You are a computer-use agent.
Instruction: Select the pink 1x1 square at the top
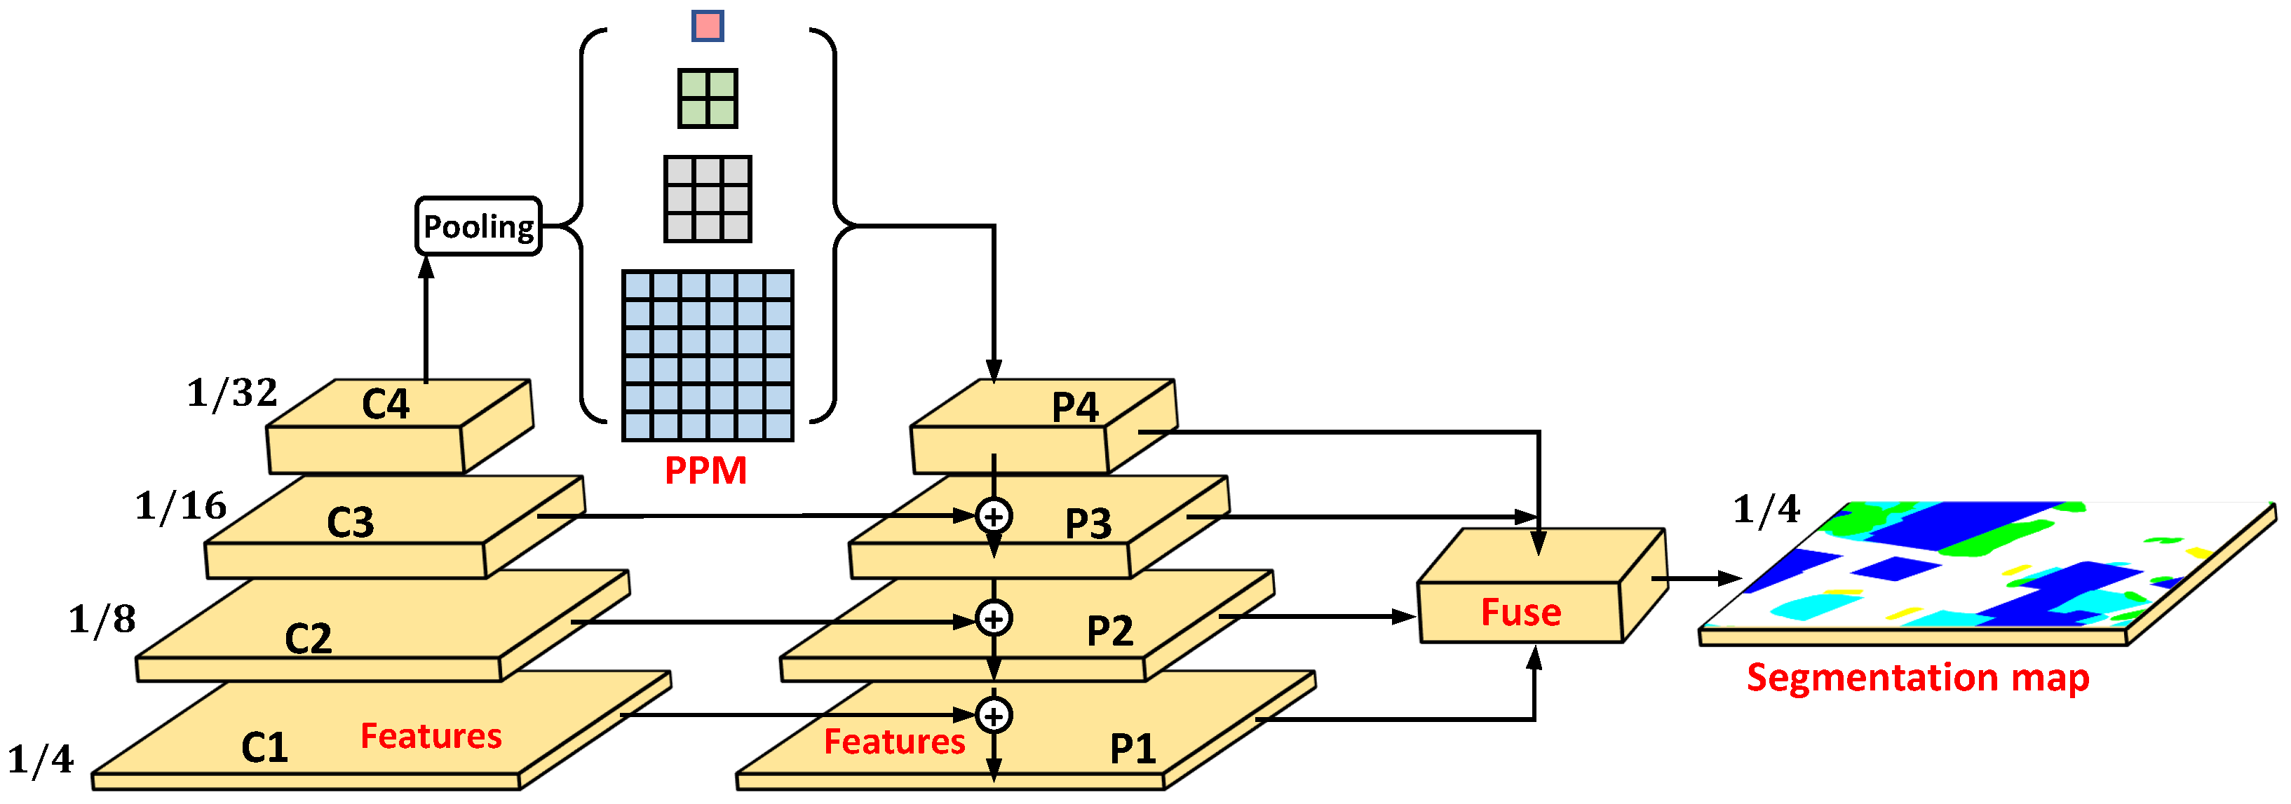[x=708, y=26]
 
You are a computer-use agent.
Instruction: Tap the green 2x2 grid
[x=708, y=99]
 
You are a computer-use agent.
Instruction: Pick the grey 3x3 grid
[x=708, y=198]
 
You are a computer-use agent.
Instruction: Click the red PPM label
[x=705, y=470]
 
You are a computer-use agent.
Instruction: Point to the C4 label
[x=385, y=404]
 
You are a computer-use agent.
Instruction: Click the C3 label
[x=351, y=522]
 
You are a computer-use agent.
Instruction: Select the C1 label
[x=264, y=747]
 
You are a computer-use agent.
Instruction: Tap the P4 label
[x=1074, y=407]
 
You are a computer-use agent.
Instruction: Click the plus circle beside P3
[x=994, y=516]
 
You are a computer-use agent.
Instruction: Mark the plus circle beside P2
[x=994, y=618]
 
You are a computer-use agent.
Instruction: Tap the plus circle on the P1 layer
[x=994, y=715]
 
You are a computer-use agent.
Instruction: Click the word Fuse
[x=1521, y=612]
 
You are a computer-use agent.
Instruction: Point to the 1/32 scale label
[x=232, y=393]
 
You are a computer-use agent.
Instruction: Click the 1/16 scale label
[x=180, y=506]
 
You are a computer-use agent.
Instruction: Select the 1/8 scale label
[x=102, y=619]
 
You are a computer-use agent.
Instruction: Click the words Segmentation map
[x=1917, y=678]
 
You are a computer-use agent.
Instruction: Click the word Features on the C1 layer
[x=431, y=737]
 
